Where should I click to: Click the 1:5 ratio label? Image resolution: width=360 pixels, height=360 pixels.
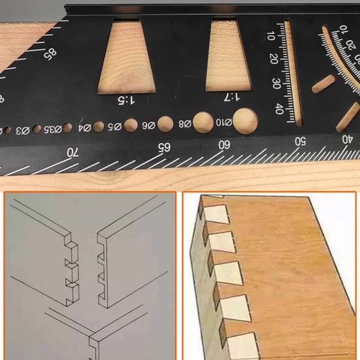126,100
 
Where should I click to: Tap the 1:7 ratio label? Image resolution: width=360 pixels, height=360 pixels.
231,97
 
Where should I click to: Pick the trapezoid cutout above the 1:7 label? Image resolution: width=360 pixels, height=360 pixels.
230,54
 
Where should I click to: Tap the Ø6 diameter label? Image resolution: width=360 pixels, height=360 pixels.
147,125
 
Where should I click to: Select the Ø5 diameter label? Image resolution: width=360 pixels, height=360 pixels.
114,126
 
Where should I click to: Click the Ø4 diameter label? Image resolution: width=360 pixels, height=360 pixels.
84,127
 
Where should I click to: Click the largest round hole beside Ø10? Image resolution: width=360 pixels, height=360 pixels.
244,119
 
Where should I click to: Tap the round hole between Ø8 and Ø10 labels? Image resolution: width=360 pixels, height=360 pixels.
203,121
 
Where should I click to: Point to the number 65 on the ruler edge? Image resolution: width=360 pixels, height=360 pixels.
162,147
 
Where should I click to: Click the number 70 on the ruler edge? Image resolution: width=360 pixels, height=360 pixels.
73,152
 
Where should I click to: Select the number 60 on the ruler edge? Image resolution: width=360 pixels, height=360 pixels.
224,144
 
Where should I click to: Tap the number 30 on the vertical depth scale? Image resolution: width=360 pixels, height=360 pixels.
277,84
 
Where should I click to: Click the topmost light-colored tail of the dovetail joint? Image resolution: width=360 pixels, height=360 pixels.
214,212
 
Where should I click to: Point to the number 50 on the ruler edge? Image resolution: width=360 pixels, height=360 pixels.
301,140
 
